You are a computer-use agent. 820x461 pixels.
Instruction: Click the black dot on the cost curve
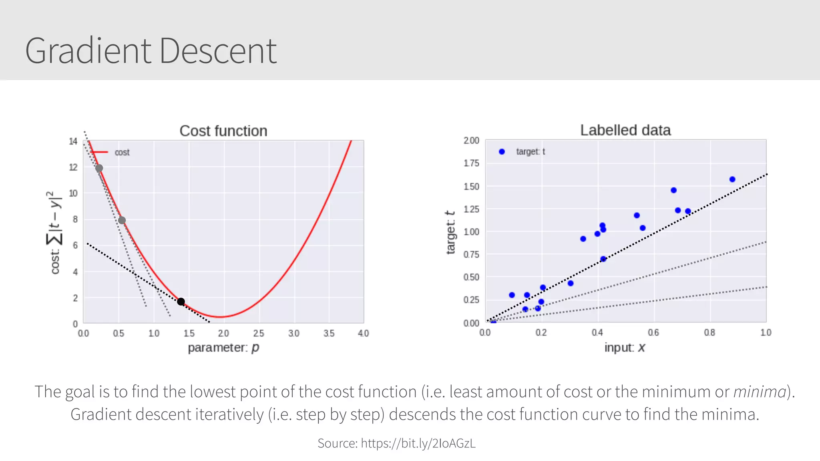pyautogui.click(x=181, y=302)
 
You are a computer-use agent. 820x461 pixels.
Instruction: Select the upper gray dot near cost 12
pyautogui.click(x=99, y=168)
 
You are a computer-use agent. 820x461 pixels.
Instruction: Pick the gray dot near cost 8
pyautogui.click(x=122, y=220)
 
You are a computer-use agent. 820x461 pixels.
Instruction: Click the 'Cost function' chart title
pyautogui.click(x=223, y=131)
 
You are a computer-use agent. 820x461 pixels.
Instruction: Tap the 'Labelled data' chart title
pyautogui.click(x=625, y=130)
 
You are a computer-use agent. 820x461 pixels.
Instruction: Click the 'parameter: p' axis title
pyautogui.click(x=223, y=347)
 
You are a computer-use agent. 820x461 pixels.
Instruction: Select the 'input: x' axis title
pyautogui.click(x=625, y=347)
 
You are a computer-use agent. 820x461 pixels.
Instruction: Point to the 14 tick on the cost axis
pyautogui.click(x=73, y=141)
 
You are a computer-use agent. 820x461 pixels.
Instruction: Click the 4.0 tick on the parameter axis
pyautogui.click(x=363, y=333)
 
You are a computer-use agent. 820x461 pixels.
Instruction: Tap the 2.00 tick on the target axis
pyautogui.click(x=471, y=141)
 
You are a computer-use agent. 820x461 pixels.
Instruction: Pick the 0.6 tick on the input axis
pyautogui.click(x=653, y=332)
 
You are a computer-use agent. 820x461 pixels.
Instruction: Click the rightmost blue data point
pyautogui.click(x=732, y=179)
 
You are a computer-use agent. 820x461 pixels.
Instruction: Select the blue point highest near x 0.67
pyautogui.click(x=674, y=190)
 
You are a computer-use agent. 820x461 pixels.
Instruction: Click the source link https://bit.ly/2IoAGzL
pyautogui.click(x=418, y=443)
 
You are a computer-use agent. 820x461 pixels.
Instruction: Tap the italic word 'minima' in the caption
pyautogui.click(x=760, y=392)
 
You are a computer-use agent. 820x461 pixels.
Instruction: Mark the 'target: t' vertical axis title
pyautogui.click(x=451, y=232)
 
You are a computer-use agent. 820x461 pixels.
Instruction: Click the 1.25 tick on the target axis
pyautogui.click(x=471, y=209)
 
